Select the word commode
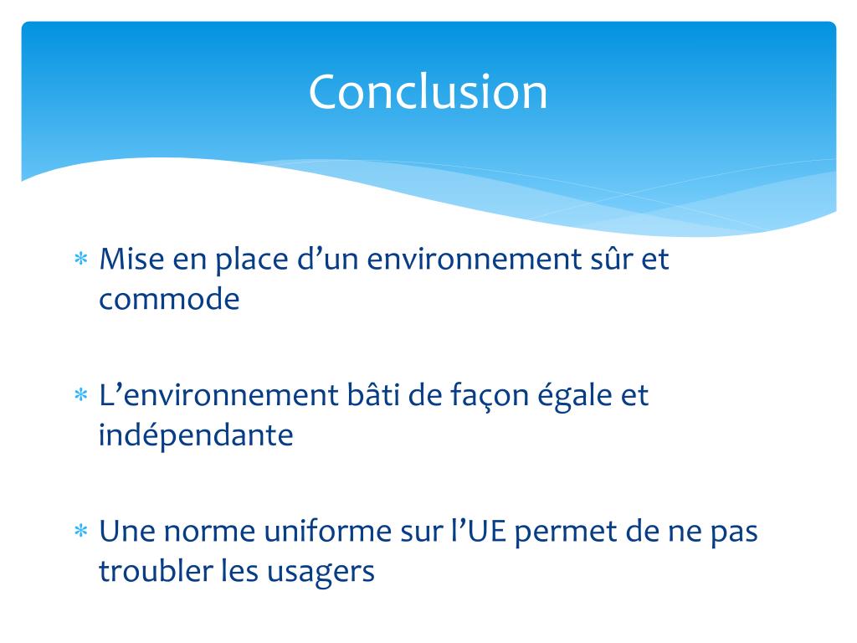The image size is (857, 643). point(169,300)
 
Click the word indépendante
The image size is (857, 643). point(196,436)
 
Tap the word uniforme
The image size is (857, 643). point(326,532)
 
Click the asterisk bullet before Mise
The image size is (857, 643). point(81,260)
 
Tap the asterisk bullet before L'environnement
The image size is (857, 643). point(81,396)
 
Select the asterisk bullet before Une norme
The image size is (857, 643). point(81,532)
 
